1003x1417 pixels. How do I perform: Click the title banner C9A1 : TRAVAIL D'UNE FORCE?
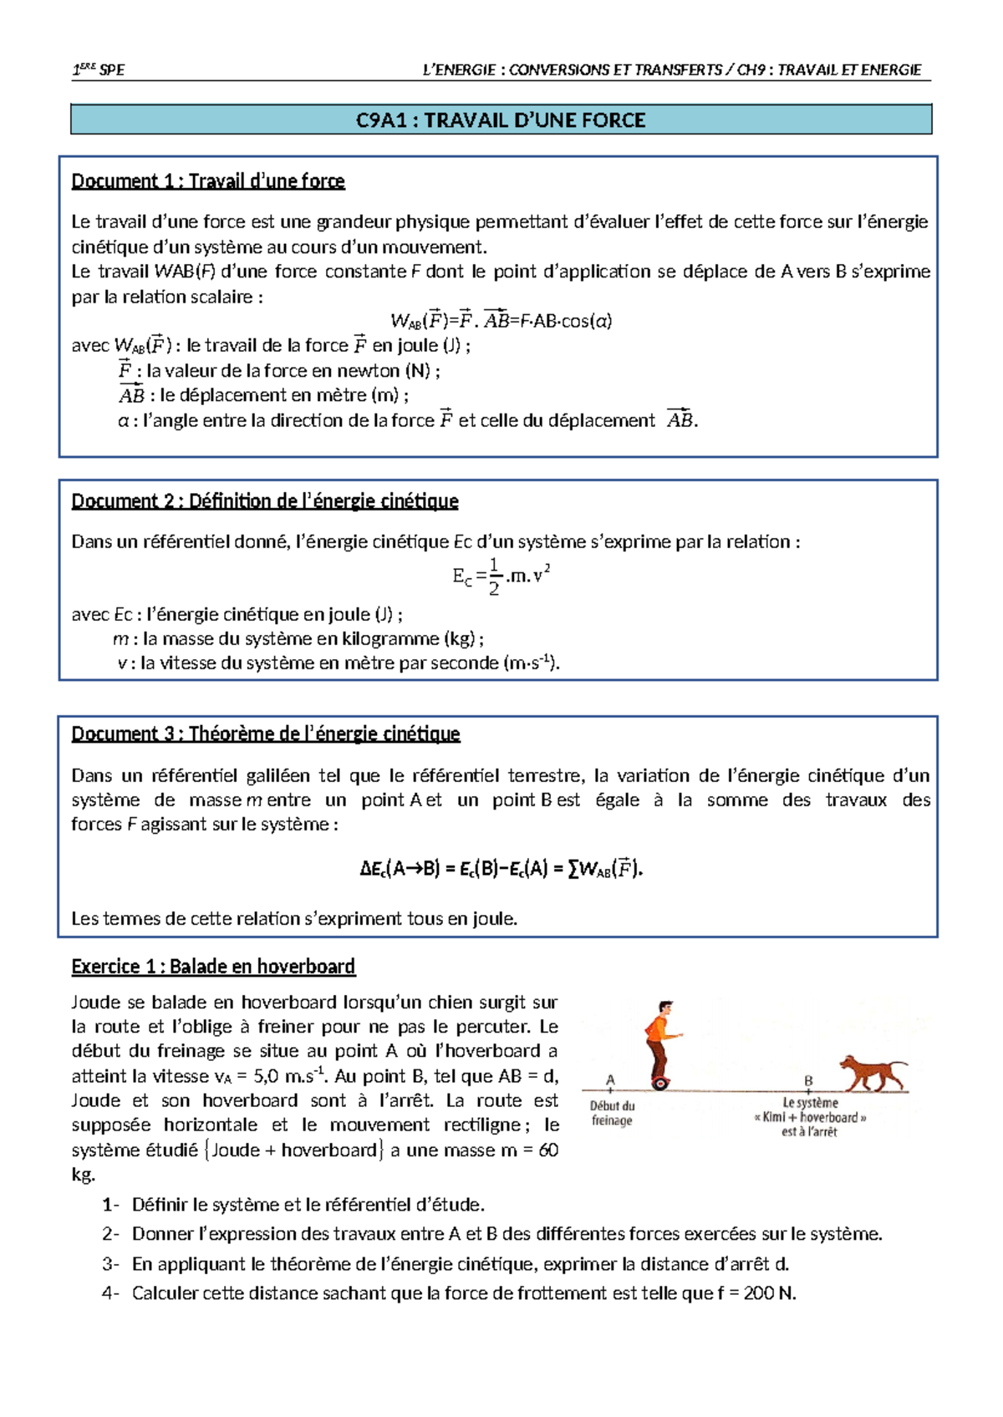(x=501, y=120)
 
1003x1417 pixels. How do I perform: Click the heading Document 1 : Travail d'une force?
(x=208, y=181)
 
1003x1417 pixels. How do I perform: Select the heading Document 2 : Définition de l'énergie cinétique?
(x=265, y=501)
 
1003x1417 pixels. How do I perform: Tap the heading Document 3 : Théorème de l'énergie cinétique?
(x=266, y=734)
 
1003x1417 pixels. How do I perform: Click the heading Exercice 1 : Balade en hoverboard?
(x=213, y=967)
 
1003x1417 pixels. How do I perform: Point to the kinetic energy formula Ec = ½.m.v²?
(x=501, y=576)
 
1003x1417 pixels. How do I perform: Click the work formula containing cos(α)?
(x=501, y=321)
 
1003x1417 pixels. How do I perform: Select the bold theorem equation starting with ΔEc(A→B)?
(x=501, y=869)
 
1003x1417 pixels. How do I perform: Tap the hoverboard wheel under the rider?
(x=660, y=1084)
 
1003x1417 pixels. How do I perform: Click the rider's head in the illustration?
(x=665, y=1008)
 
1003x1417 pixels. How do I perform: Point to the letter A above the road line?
(x=610, y=1079)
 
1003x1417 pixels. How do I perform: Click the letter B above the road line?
(x=808, y=1080)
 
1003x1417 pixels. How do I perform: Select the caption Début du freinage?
(x=612, y=1113)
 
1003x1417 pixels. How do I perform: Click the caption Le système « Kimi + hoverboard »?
(x=810, y=1117)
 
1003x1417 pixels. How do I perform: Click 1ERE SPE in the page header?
(x=99, y=70)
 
